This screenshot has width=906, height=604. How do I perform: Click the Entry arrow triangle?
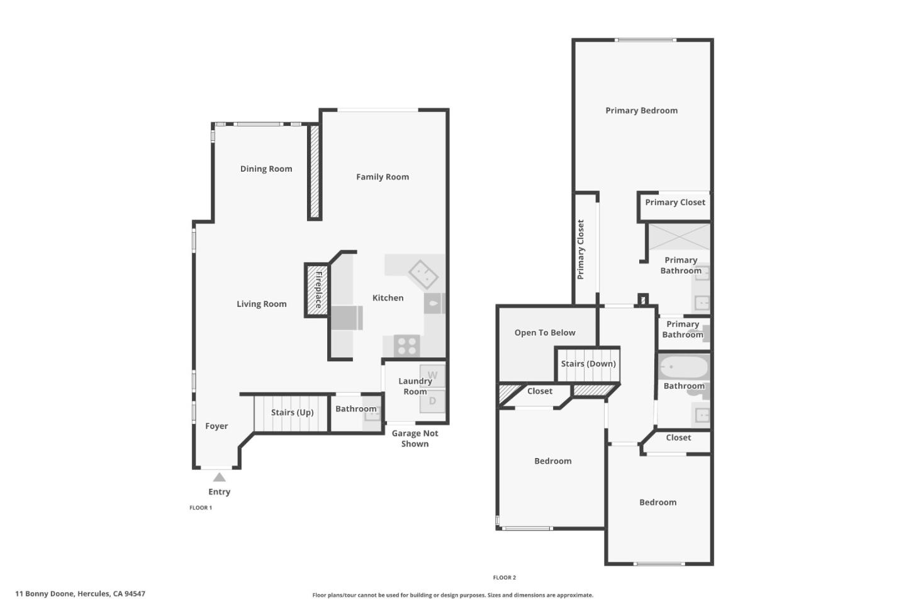[x=219, y=478]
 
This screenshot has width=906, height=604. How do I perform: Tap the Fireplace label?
[x=318, y=289]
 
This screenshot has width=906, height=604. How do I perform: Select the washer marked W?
[x=432, y=376]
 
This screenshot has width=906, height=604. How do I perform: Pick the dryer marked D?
[x=432, y=401]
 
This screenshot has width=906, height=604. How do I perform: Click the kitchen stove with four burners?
[x=407, y=345]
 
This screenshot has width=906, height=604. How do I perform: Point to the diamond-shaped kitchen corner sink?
[x=423, y=274]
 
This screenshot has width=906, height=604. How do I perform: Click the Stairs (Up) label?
[x=292, y=413]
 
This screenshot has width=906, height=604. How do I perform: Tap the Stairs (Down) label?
[x=588, y=364]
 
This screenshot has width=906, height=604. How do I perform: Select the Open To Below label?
[x=545, y=333]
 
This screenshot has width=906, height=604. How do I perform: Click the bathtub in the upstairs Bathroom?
[x=683, y=367]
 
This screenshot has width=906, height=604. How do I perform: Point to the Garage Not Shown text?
[x=415, y=439]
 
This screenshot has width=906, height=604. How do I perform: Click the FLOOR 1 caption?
[x=201, y=508]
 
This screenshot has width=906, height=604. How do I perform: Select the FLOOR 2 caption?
[x=505, y=578]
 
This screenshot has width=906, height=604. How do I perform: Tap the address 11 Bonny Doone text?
[x=81, y=593]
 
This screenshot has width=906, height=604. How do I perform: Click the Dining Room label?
[x=266, y=169]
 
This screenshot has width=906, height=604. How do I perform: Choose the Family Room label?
[x=383, y=177]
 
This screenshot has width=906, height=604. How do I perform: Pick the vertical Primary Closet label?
[x=581, y=249]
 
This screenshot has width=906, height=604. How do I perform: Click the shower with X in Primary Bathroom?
[x=679, y=237]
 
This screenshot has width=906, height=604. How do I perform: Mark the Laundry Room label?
[x=415, y=386]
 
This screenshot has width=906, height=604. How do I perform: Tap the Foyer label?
[x=216, y=426]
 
